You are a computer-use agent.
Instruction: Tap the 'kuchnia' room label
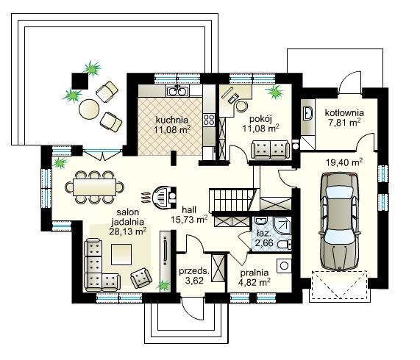[x=171, y=119]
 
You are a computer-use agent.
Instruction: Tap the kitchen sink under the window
[x=177, y=91]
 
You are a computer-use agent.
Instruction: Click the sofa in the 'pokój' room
[x=269, y=150]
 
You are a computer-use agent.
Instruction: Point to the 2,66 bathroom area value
[x=264, y=242]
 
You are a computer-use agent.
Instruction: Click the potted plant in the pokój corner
[x=276, y=93]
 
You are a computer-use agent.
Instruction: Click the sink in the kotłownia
[x=307, y=114]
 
